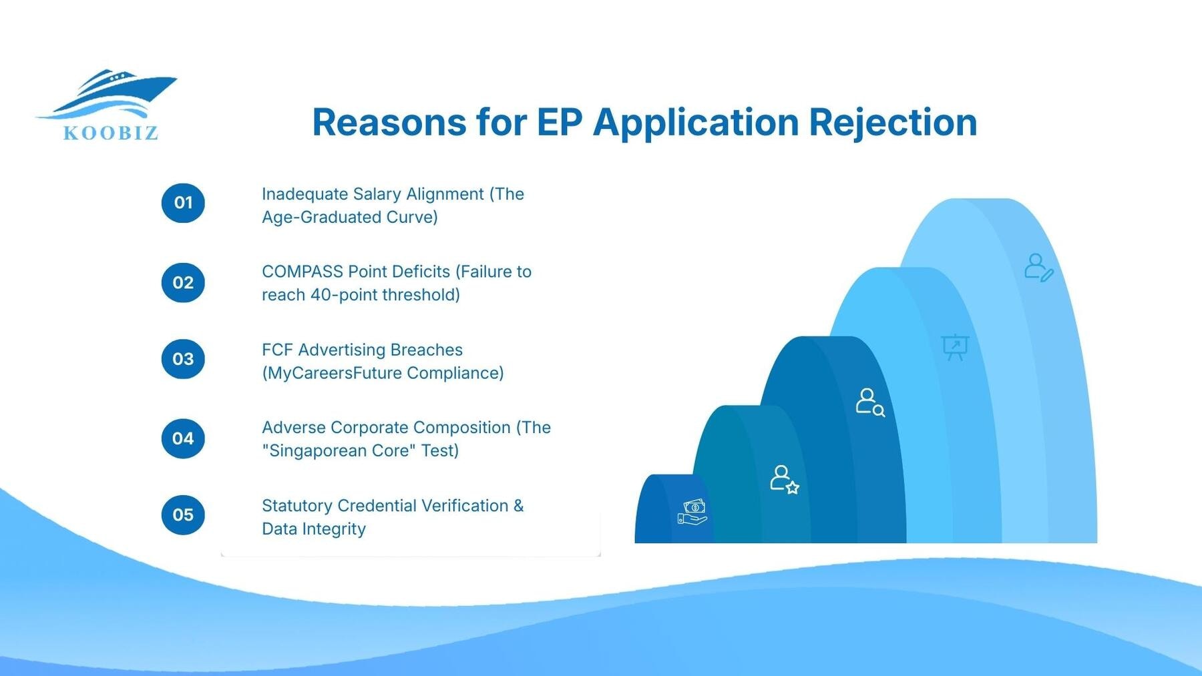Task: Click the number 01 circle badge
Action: pos(183,203)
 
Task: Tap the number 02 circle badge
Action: pos(183,282)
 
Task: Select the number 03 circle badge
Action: pos(183,359)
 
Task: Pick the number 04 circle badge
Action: pos(183,438)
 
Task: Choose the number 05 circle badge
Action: pos(183,515)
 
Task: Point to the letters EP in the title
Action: pos(559,123)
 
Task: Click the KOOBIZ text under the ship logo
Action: pos(111,133)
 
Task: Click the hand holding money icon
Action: pos(692,513)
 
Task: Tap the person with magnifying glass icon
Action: pos(869,402)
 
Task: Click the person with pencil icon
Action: pos(1038,267)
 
